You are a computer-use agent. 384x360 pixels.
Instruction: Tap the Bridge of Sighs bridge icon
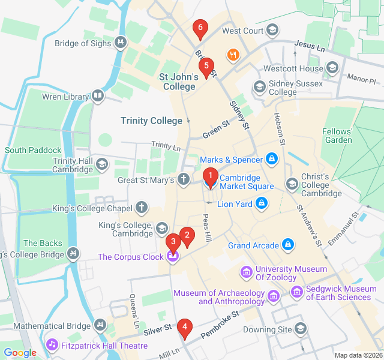click(121, 43)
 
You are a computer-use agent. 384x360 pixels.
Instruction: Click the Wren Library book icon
click(97, 96)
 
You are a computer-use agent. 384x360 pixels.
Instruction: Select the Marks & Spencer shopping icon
click(272, 159)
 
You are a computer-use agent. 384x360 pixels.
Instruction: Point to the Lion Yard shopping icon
click(262, 205)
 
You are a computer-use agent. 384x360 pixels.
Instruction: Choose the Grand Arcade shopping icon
click(289, 245)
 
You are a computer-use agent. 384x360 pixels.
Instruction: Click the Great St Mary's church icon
click(184, 179)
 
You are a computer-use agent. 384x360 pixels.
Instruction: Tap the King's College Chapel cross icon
click(142, 208)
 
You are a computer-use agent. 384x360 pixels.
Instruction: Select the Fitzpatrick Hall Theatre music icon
click(52, 346)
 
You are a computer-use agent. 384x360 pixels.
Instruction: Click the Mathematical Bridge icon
click(100, 326)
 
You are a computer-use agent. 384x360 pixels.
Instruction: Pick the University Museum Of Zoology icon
click(246, 273)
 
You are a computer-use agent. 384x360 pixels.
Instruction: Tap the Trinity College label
click(151, 121)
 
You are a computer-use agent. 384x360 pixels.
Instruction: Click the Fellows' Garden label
click(337, 136)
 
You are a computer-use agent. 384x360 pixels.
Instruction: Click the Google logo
click(20, 353)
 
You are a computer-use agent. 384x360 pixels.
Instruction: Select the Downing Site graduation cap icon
click(300, 329)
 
